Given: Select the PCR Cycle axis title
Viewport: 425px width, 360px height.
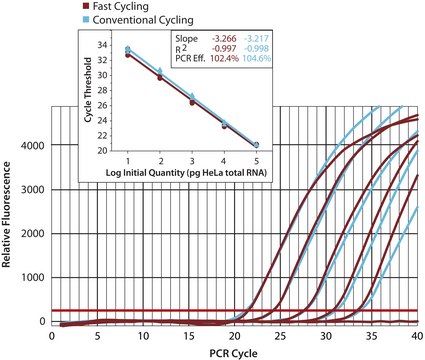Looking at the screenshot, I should click(222, 351).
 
